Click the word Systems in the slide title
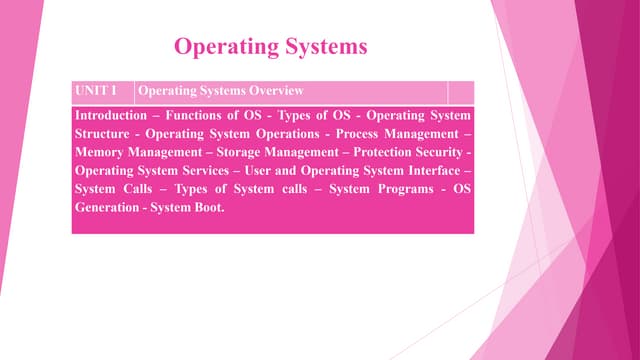(322, 46)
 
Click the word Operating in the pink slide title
(223, 46)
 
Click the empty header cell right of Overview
(460, 92)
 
